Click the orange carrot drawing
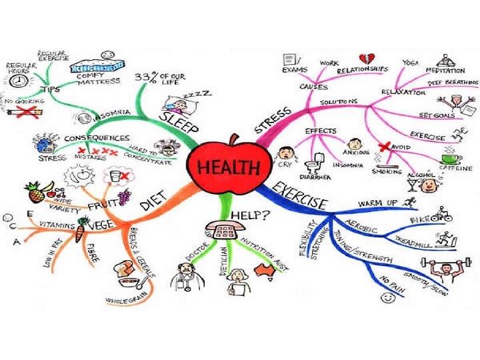point(79,233)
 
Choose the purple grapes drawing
point(123,197)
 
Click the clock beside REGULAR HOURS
point(19,79)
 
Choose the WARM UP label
point(378,202)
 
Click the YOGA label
point(410,62)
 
